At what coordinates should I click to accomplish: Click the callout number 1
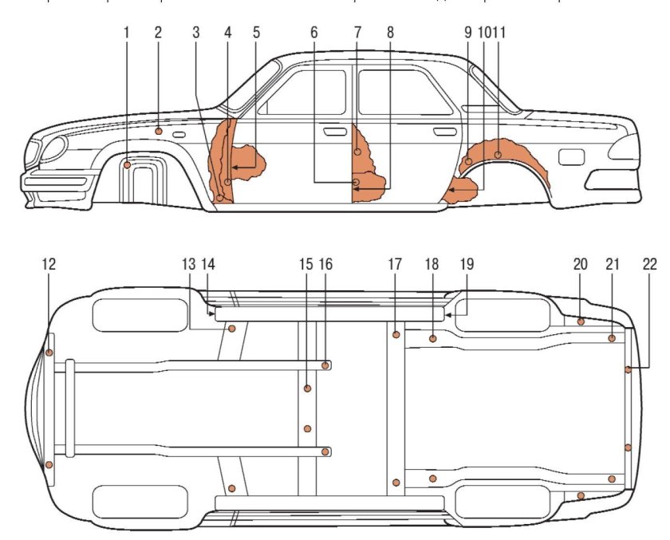pos(127,33)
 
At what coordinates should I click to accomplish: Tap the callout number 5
pos(256,33)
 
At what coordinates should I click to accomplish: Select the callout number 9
pos(467,33)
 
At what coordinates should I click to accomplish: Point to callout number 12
pos(49,264)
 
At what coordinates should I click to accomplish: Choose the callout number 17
pos(395,264)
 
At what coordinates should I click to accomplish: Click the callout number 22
pos(651,264)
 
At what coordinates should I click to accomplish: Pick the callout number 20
pos(580,264)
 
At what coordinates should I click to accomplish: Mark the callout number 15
pos(306,264)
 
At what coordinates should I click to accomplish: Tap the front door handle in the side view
pos(337,128)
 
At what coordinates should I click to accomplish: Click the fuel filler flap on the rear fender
pos(570,157)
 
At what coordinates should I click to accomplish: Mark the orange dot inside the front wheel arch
pos(128,165)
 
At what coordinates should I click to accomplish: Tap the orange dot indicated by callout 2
pos(159,130)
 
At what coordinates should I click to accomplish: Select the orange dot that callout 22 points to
pos(629,369)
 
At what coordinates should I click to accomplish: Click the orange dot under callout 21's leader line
pos(612,338)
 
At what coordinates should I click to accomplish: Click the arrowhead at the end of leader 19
pos(447,315)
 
